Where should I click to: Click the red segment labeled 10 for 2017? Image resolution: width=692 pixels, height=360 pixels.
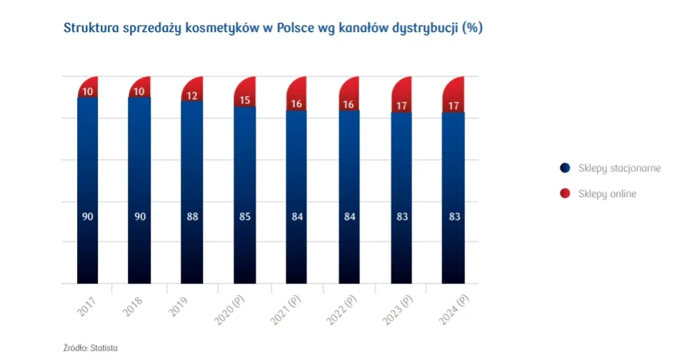[x=88, y=88]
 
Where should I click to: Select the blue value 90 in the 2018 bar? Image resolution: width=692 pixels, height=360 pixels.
[x=140, y=216]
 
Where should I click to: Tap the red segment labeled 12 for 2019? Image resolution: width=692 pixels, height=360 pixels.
[x=192, y=91]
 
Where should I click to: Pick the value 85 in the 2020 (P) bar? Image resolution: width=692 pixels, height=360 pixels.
[x=244, y=216]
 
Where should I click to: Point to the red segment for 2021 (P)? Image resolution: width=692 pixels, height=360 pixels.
[x=296, y=94]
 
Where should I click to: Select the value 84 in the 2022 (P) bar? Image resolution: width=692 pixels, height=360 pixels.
[x=348, y=216]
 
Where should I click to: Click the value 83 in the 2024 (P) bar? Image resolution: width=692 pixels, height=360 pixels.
[x=453, y=216]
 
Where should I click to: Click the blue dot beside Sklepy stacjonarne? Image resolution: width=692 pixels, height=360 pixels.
[x=565, y=168]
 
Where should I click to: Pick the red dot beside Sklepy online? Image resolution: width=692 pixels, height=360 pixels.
[x=565, y=194]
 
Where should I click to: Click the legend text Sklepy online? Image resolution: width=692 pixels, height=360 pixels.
[x=607, y=194]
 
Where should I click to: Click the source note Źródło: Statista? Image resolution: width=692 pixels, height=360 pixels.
[x=91, y=347]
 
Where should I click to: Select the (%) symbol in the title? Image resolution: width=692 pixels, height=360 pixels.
[x=472, y=28]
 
